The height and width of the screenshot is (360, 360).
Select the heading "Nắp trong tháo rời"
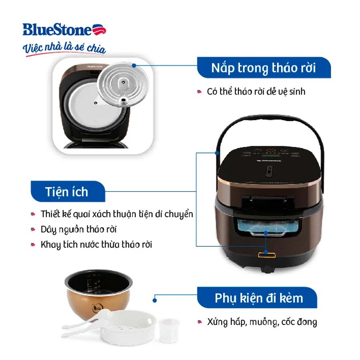coord(264,68)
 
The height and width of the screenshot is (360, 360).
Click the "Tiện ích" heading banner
coord(68,191)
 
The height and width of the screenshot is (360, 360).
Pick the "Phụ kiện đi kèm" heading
coord(259,298)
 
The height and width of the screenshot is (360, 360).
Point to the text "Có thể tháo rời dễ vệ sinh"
coord(256,92)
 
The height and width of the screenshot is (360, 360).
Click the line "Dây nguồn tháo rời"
coord(78,230)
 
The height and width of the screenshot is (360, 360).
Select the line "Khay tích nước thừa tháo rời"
coord(96,245)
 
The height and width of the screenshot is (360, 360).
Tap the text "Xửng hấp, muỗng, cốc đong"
coord(262,322)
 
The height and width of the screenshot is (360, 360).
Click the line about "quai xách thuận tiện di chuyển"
coord(117,214)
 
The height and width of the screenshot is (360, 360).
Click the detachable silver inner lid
coord(123,84)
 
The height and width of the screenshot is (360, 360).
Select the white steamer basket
coord(128,327)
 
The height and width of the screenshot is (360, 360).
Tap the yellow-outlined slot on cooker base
coord(267,255)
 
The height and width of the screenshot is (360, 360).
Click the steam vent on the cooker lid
coord(269,171)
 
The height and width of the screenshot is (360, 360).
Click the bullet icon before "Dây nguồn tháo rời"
coord(33,230)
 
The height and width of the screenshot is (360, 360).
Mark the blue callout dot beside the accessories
coord(155,300)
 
